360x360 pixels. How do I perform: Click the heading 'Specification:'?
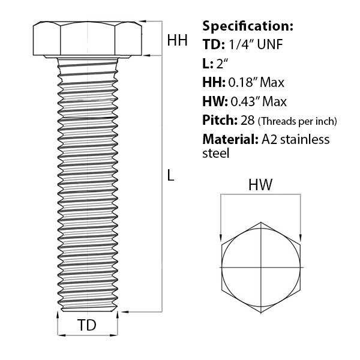[248, 26]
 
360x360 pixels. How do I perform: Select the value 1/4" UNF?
[254, 44]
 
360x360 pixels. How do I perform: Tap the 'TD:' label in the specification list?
[214, 44]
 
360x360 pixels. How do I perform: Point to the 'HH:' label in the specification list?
[214, 82]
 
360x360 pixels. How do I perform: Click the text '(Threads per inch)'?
[297, 121]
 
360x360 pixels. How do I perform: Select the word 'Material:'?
[230, 140]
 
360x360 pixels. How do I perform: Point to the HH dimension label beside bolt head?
[177, 40]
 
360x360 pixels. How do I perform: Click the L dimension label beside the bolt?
[171, 176]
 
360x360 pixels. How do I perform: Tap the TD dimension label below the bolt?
[87, 326]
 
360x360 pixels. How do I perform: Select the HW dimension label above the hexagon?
[260, 186]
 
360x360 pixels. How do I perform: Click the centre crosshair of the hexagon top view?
[260, 266]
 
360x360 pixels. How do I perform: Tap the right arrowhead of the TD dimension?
[116, 334]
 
